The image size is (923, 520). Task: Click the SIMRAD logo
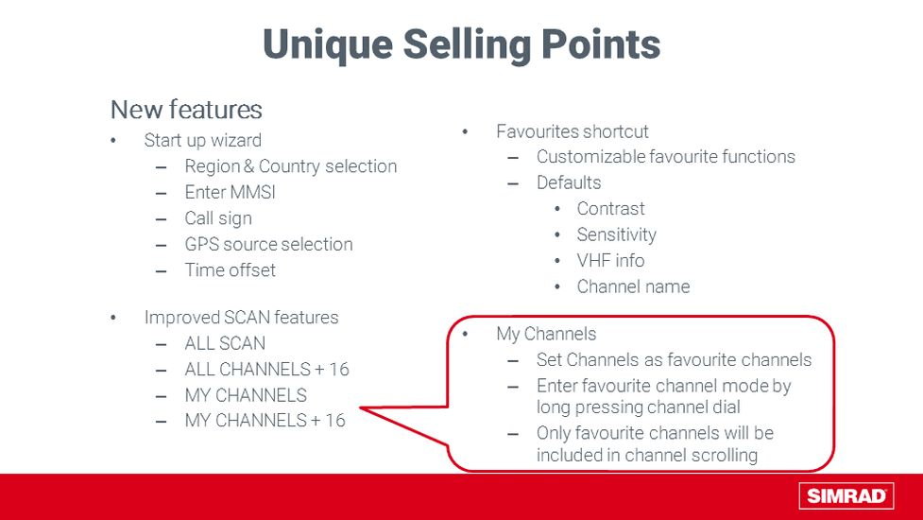846,495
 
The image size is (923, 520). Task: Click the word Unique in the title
327,44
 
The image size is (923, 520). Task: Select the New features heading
186,110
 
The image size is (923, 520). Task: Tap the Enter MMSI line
230,192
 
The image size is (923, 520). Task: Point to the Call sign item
218,218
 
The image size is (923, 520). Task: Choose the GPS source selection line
268,244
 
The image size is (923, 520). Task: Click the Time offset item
230,269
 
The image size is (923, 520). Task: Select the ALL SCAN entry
225,343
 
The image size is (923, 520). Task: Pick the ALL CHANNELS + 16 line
266,369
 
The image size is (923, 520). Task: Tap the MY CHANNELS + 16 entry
265,420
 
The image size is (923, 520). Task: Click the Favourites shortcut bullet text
573,131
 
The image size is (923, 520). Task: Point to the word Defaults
569,182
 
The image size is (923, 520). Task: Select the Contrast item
610,208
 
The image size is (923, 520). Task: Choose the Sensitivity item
616,235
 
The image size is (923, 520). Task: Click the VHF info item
610,260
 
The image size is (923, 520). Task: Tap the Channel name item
633,286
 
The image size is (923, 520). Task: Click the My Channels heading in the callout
546,334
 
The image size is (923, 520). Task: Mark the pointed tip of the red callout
360,407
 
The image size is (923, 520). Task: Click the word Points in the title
601,44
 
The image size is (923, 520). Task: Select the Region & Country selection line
291,166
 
